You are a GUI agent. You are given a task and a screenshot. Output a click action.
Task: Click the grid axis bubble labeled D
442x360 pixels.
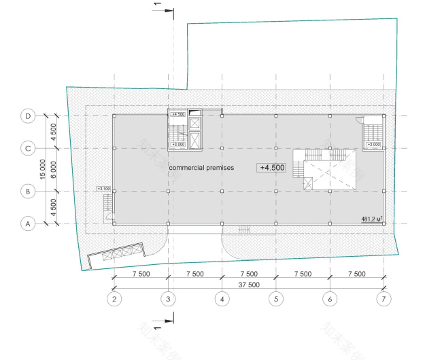28,116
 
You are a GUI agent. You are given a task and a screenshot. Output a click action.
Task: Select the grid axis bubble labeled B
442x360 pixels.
28,192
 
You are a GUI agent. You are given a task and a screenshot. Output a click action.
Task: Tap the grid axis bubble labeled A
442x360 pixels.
28,223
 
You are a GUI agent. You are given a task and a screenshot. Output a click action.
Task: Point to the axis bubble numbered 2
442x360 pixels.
114,298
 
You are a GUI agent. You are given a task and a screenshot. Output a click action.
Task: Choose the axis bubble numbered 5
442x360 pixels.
275,298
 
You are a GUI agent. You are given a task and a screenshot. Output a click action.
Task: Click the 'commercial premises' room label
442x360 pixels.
201,167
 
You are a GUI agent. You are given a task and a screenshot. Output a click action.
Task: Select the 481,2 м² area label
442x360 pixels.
371,219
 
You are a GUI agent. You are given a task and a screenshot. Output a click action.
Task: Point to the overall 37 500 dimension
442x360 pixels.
249,284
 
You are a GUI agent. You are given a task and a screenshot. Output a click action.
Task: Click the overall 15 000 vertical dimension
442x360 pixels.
44,170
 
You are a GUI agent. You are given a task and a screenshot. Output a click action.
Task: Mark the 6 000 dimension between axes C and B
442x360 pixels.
54,170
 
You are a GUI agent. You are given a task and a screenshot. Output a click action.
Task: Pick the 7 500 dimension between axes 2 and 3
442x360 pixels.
141,274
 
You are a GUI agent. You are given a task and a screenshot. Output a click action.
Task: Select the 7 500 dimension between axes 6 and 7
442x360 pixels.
356,274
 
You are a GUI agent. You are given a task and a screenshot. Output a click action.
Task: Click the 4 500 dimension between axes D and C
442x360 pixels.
54,132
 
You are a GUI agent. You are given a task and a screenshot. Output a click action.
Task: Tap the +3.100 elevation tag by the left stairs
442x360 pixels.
104,189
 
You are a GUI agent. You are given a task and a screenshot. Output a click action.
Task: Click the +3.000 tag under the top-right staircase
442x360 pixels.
373,145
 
